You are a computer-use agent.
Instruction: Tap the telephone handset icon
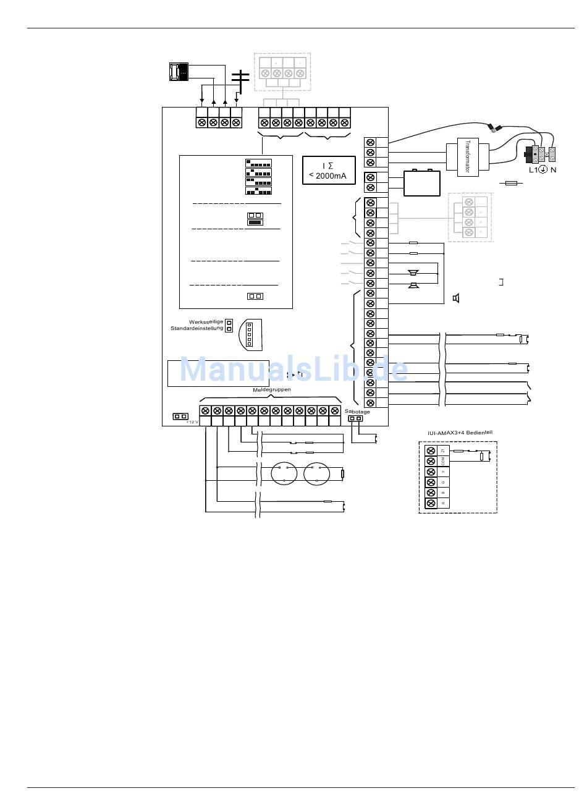pyautogui.click(x=179, y=72)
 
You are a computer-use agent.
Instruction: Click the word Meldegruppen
pyautogui.click(x=272, y=390)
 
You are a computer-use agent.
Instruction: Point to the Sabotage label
pyautogui.click(x=357, y=411)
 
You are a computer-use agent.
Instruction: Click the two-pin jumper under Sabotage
pyautogui.click(x=355, y=418)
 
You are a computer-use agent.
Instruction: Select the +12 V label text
pyautogui.click(x=192, y=422)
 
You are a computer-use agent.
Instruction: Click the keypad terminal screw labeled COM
pyautogui.click(x=431, y=461)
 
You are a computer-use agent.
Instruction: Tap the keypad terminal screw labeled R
pyautogui.click(x=431, y=503)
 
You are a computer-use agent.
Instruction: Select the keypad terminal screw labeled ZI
pyautogui.click(x=431, y=451)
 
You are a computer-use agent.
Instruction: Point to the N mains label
pyautogui.click(x=554, y=169)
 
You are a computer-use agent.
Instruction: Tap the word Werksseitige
pyautogui.click(x=206, y=322)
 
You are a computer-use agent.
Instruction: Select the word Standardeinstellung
pyautogui.click(x=196, y=329)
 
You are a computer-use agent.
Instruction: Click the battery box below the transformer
pyautogui.click(x=422, y=183)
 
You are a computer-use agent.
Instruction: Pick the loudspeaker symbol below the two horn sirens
pyautogui.click(x=456, y=298)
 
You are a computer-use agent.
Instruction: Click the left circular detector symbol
pyautogui.click(x=284, y=473)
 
